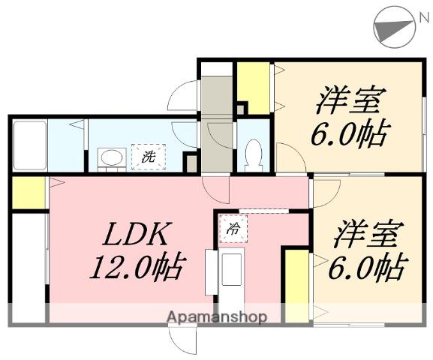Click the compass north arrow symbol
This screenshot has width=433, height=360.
pyautogui.click(x=395, y=27)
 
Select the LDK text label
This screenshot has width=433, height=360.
pyautogui.click(x=138, y=234)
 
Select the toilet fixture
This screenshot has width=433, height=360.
pyautogui.click(x=253, y=156)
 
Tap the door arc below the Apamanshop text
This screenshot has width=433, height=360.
pyautogui.click(x=183, y=340)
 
